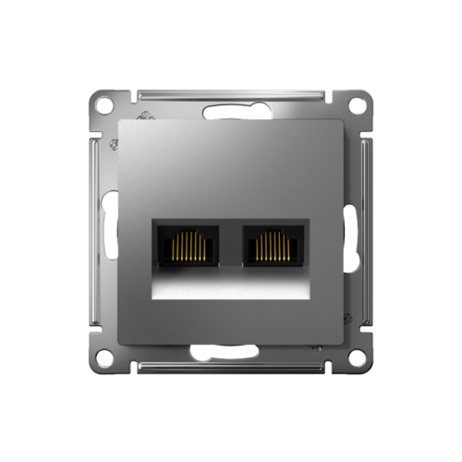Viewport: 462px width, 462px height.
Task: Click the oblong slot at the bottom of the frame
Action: [231, 354]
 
